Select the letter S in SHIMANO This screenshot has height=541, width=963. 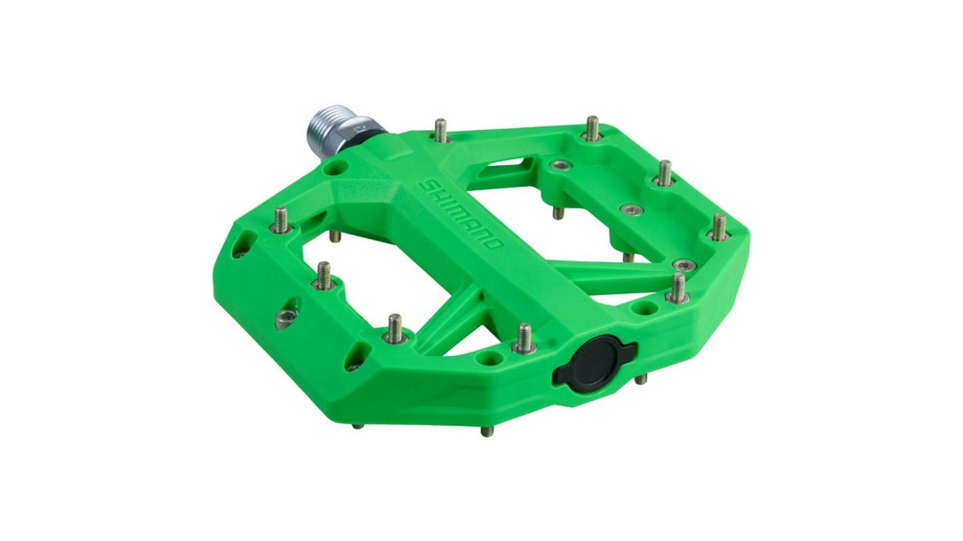[x=425, y=185]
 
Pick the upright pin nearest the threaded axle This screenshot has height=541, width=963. [x=441, y=130]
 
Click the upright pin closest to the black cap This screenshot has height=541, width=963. [x=522, y=338]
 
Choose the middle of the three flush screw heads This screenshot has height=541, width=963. [x=632, y=209]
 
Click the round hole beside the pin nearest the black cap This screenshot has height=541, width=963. [x=489, y=357]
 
